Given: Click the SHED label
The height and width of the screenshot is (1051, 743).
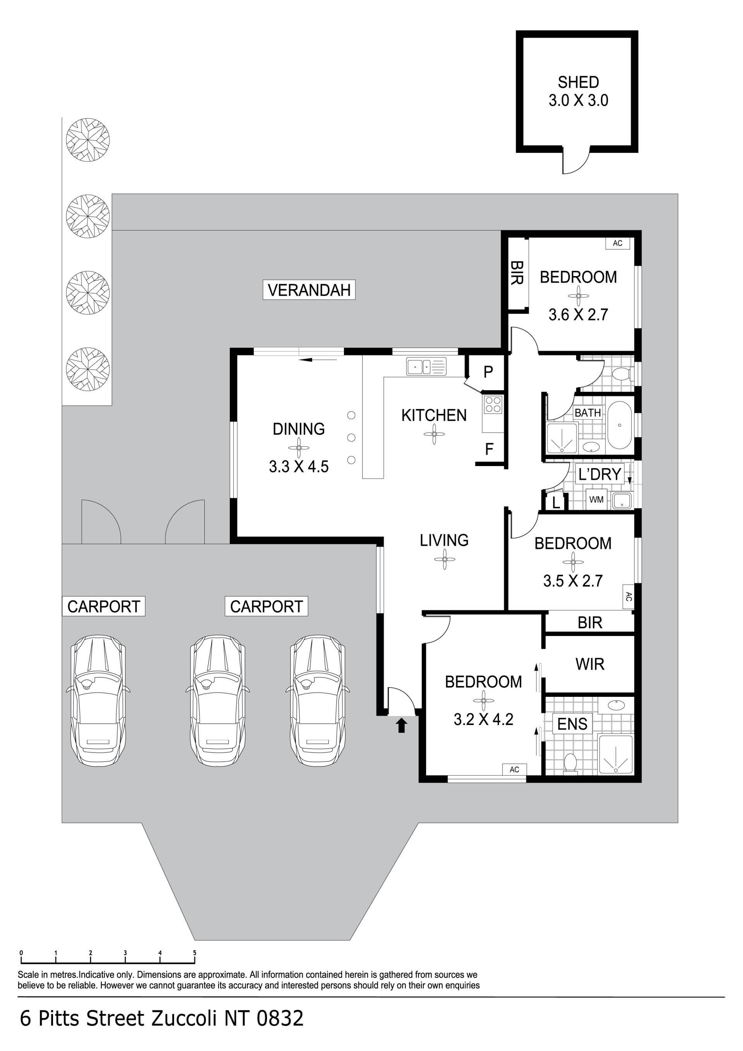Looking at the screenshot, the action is click(x=578, y=82).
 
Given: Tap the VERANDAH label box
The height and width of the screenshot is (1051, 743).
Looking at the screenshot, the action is click(x=309, y=290).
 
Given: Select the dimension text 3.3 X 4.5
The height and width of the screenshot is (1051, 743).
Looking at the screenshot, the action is click(x=299, y=466).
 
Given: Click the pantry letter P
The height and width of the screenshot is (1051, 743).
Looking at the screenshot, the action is click(x=488, y=372).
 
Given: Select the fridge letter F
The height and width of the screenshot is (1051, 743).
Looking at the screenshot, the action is click(x=489, y=449).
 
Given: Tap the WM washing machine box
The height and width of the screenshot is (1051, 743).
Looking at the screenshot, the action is click(x=596, y=499).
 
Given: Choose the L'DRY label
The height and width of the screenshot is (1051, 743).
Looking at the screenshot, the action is click(x=599, y=474).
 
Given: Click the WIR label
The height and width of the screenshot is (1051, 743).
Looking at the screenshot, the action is click(x=590, y=664).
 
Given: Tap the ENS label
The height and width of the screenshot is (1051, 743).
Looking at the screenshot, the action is click(x=572, y=724).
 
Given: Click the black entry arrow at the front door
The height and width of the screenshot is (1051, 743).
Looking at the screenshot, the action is click(x=401, y=725).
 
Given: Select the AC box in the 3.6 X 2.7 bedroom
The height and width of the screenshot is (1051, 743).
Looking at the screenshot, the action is click(x=618, y=243).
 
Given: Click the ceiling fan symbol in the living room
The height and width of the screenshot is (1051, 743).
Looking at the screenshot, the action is click(x=444, y=559).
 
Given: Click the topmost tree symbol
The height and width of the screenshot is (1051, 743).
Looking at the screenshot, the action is click(x=88, y=140).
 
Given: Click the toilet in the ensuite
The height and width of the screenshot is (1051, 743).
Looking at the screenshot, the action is click(x=570, y=763).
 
